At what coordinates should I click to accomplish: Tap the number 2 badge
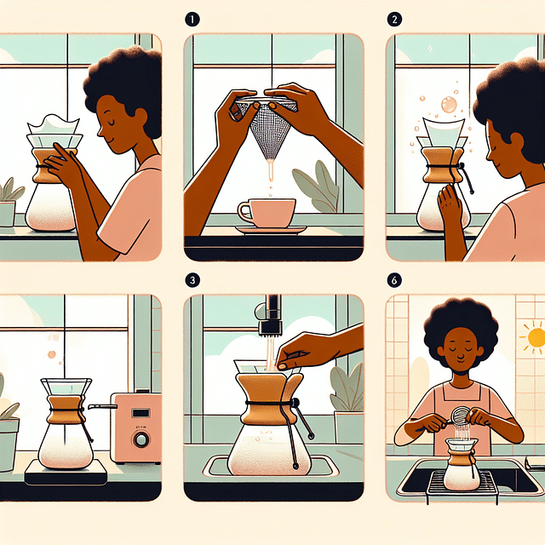[x=394, y=17]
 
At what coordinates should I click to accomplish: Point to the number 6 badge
[x=394, y=278]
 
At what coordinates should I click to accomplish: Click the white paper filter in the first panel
[x=53, y=122]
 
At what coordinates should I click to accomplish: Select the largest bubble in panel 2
[x=448, y=106]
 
